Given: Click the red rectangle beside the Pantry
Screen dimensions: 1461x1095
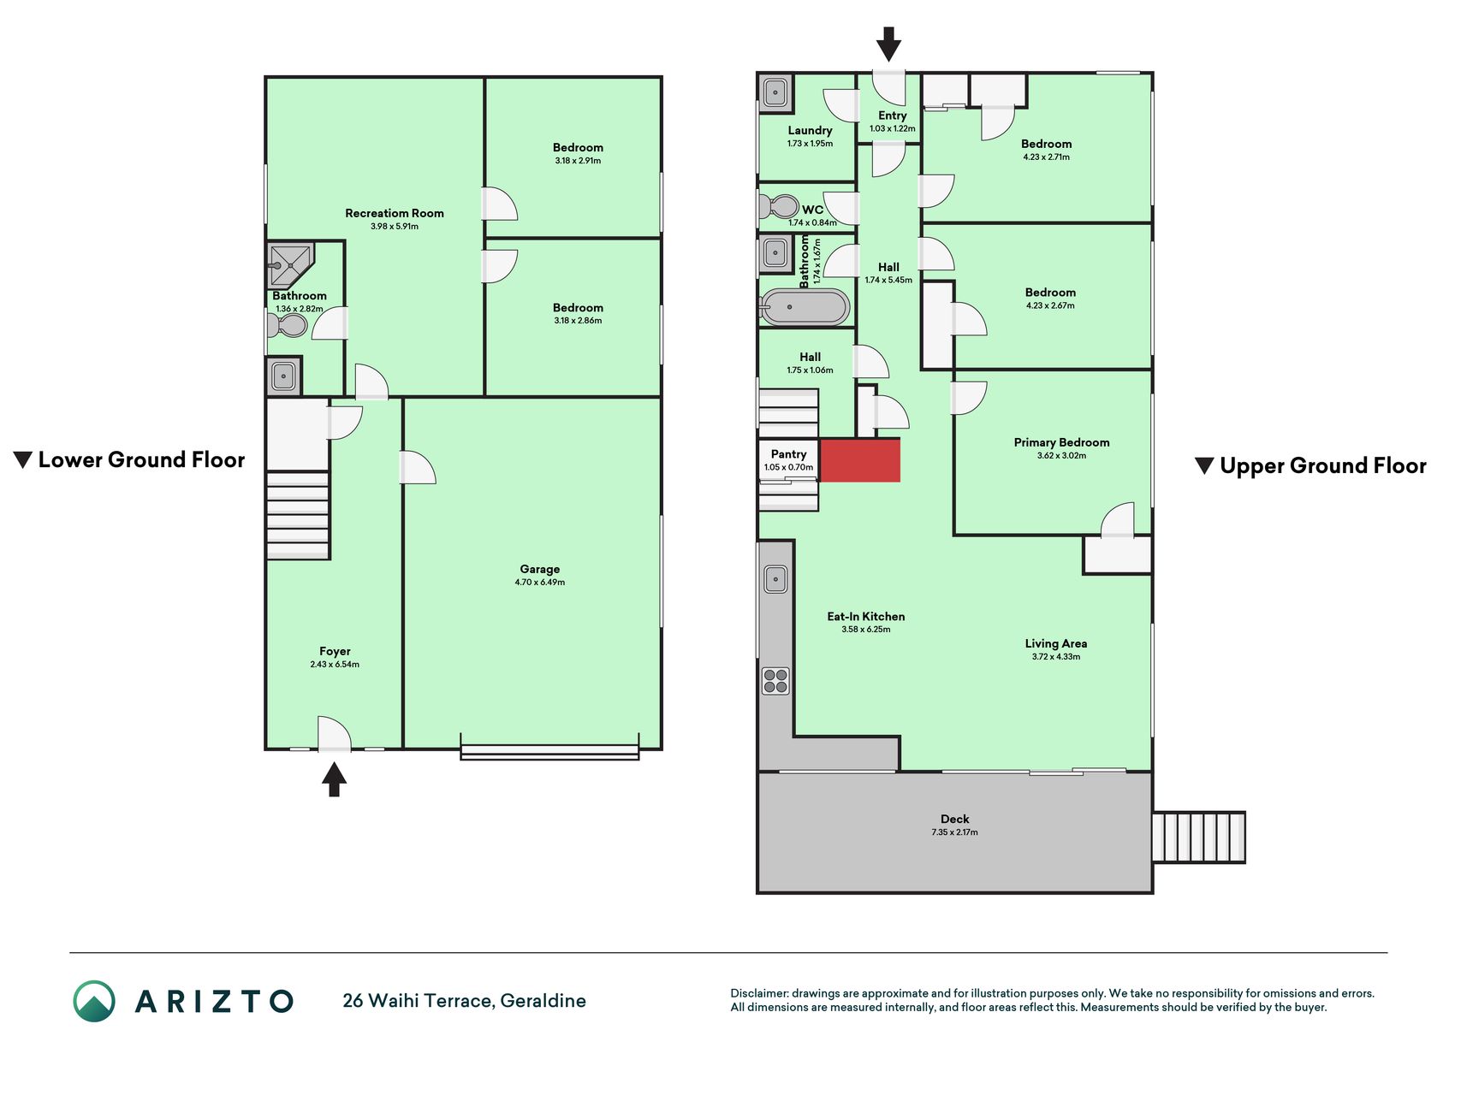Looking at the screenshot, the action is [859, 460].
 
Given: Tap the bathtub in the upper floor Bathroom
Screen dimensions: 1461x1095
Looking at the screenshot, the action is [805, 307].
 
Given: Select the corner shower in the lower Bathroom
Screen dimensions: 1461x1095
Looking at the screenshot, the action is [291, 266].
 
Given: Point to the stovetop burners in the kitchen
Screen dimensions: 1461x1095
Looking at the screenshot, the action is [775, 681].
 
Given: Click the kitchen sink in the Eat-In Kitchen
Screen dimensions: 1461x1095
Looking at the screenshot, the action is [775, 579].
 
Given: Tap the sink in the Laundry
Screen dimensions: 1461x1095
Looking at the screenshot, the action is [775, 92].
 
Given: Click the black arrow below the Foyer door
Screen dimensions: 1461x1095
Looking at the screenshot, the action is [334, 779].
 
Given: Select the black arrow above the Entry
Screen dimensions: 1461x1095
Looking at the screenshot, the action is [888, 44].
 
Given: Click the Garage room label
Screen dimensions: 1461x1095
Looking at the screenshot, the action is [539, 569].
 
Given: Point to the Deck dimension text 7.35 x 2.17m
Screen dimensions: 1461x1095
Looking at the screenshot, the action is [954, 832].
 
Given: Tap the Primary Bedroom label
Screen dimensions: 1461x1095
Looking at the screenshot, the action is [1061, 442].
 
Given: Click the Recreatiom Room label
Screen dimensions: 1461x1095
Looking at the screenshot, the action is [395, 213].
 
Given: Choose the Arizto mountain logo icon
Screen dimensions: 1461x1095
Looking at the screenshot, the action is [94, 1001].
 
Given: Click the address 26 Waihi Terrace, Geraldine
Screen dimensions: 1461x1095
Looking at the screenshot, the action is [464, 1001].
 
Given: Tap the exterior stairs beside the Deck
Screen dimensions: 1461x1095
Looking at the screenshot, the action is [1198, 837].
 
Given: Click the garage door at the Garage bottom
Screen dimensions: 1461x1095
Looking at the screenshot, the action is [549, 752].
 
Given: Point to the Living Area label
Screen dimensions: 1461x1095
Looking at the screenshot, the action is [1056, 643].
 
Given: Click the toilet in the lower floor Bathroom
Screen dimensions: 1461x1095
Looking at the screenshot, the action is [287, 325].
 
